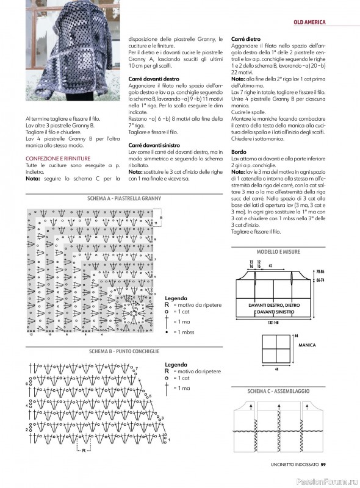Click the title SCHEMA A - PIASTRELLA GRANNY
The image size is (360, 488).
(119, 199)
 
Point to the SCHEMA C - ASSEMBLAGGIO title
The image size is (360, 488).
(278, 390)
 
